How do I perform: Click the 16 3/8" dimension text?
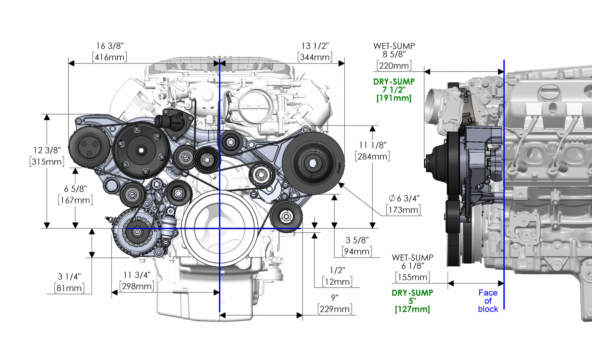(x=110, y=46)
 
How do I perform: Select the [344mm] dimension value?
(x=315, y=57)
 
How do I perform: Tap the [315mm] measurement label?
(x=47, y=162)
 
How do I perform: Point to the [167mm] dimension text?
(x=75, y=200)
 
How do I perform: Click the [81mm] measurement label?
(x=69, y=288)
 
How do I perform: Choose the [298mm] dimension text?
(x=136, y=286)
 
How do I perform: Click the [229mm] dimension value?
(x=334, y=309)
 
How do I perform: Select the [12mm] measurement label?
(x=337, y=282)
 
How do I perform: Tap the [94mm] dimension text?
(x=357, y=252)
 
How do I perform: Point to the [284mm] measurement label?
(x=372, y=156)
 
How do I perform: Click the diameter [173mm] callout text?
(x=403, y=210)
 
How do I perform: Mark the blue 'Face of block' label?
(x=488, y=301)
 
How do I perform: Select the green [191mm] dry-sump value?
(x=394, y=98)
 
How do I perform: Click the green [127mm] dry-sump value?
(x=412, y=309)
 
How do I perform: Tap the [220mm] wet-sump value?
(x=394, y=66)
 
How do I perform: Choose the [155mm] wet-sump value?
(x=412, y=277)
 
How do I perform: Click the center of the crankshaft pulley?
(x=219, y=228)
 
